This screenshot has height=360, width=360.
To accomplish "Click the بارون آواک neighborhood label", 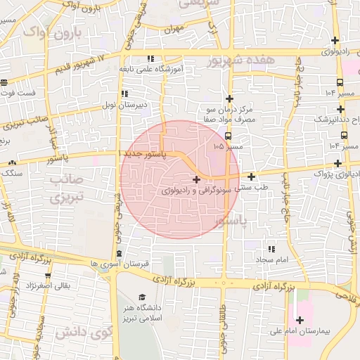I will coord(53,32).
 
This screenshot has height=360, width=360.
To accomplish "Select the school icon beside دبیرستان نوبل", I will coord(124,94).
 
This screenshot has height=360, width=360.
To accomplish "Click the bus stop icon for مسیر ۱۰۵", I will coord(226,136).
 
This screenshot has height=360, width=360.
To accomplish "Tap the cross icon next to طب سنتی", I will coord(252,176).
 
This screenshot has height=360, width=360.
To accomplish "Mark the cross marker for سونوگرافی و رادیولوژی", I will coord(195,180).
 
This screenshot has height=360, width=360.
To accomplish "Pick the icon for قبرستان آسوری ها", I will coord(117,253).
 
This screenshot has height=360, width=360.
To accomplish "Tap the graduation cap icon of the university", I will coord(142,297).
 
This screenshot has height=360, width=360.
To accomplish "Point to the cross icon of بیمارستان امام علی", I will coord(300,320).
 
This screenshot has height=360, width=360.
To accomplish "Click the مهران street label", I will coord(169,30).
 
